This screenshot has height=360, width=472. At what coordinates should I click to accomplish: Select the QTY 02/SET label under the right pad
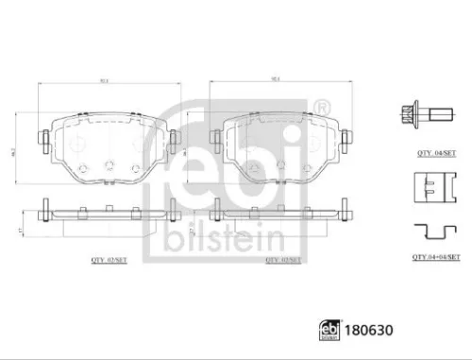pos(281,256)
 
